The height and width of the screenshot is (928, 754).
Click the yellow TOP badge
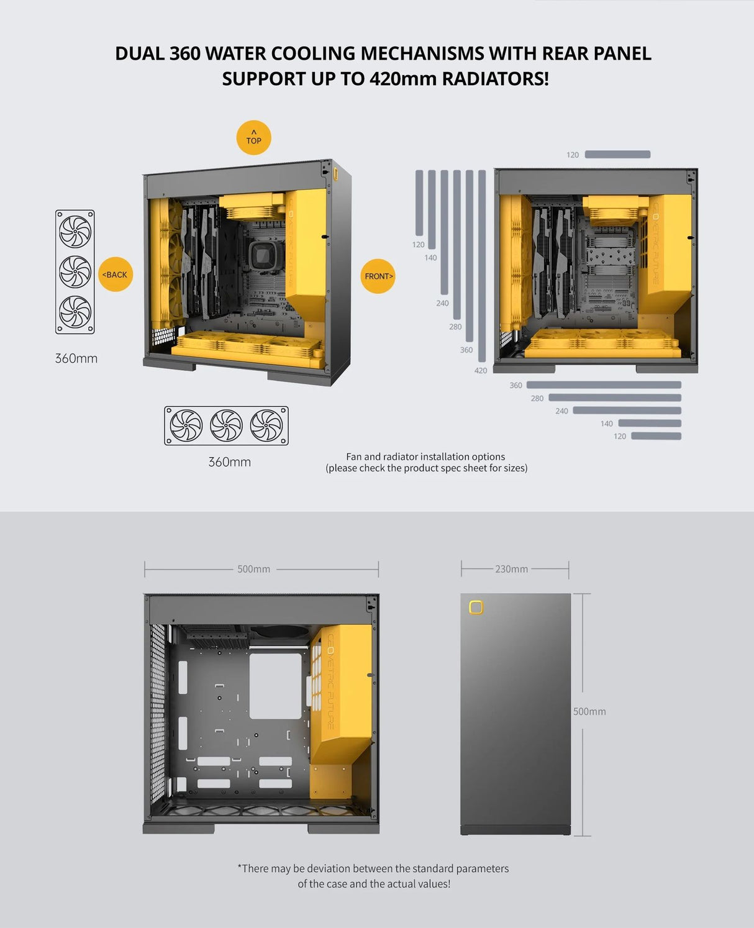253,137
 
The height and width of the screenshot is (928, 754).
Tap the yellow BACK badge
116,275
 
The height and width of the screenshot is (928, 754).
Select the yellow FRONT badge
378,276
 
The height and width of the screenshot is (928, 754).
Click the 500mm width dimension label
253,569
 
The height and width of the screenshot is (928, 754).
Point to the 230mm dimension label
511,569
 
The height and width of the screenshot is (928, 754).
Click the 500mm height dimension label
589,711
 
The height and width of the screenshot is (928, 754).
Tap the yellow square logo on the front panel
476,607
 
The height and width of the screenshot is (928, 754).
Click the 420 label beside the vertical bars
481,371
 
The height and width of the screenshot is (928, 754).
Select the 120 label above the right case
573,155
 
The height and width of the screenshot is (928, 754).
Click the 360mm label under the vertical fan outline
76,358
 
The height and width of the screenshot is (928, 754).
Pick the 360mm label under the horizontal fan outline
229,462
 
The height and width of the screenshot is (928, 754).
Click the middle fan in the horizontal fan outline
226,425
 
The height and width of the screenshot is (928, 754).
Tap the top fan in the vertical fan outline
75,231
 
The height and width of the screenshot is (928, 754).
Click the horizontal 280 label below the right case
537,398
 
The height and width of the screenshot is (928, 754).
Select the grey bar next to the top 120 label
617,155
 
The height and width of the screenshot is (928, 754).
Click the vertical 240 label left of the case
442,303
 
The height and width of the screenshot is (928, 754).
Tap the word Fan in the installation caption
353,457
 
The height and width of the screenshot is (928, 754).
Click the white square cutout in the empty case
275,686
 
